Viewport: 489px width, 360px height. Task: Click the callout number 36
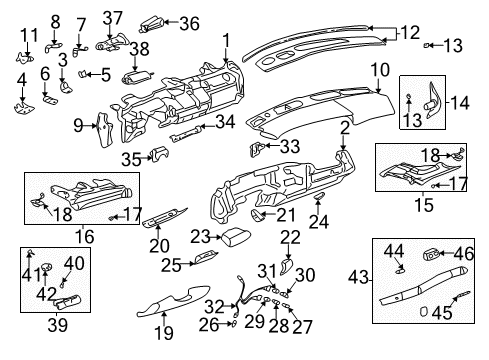(x=188, y=24)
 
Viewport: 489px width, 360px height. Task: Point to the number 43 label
(x=356, y=276)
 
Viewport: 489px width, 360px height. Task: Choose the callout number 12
(x=410, y=33)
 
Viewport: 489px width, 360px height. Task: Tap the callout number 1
(x=227, y=40)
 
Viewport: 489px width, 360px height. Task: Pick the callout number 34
(x=226, y=121)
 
